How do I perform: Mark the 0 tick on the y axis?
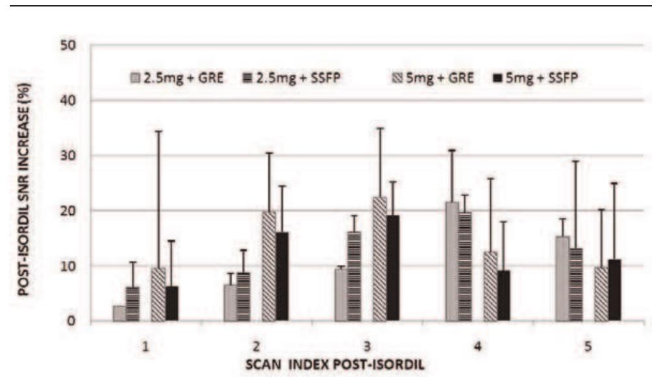[71, 321]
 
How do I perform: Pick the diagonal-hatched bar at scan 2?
[269, 265]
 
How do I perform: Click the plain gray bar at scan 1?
[119, 313]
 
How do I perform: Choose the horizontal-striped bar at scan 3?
[354, 276]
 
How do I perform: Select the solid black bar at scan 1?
[171, 303]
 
